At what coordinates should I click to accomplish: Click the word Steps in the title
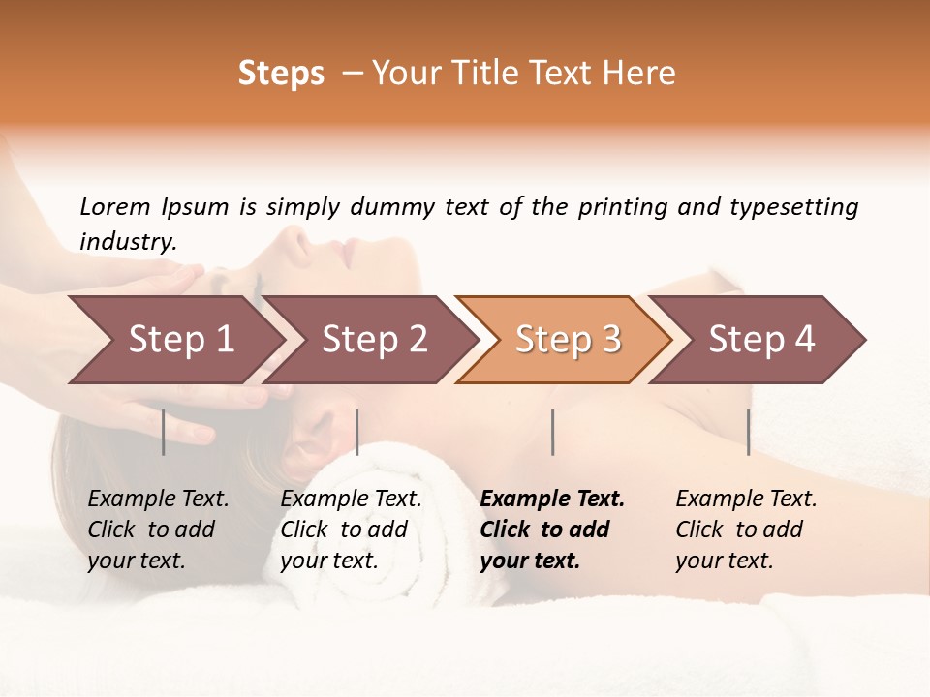(281, 74)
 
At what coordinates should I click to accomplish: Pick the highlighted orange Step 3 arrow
(568, 340)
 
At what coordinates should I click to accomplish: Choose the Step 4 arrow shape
(761, 340)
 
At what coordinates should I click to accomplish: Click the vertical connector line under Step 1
(164, 432)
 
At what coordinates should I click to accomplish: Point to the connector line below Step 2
(357, 432)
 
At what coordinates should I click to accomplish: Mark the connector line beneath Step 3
(552, 432)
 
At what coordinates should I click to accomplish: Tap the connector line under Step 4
(748, 432)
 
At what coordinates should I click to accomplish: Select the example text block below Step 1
(158, 529)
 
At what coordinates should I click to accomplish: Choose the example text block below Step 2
(351, 529)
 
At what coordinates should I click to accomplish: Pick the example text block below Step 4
(746, 529)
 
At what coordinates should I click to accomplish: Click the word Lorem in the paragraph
(114, 206)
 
